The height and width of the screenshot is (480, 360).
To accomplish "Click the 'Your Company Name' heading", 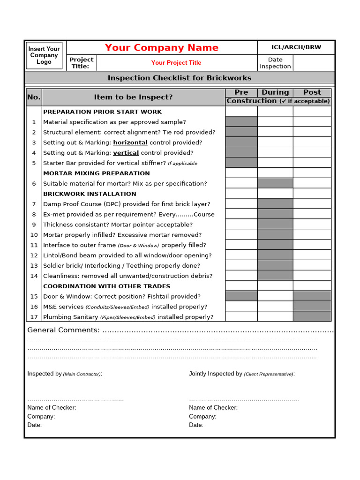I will [162, 48].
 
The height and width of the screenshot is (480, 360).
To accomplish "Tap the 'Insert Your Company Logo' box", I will [44, 55].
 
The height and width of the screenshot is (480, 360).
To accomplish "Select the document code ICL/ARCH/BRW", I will [296, 47].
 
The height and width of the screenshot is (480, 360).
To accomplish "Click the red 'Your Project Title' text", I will [176, 63].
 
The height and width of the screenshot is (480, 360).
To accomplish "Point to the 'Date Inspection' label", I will [275, 63].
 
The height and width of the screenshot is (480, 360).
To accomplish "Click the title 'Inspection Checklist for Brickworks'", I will [180, 78].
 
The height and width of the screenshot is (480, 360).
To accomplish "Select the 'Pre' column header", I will [241, 92].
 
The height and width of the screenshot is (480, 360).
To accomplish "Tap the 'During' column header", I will [275, 92].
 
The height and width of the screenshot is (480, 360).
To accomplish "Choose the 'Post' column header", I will [312, 92].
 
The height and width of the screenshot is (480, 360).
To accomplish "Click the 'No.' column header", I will [34, 97].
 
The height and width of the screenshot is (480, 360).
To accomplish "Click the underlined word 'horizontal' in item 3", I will [130, 142].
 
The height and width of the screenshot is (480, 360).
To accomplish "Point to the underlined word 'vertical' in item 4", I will [126, 153].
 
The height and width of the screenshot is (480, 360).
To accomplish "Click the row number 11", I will [34, 245].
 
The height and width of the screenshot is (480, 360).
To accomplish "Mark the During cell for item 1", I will [275, 122].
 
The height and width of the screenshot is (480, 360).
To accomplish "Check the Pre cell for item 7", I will [241, 204].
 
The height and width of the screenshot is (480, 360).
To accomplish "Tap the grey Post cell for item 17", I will [312, 317].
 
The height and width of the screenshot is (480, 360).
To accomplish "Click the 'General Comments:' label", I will [63, 330].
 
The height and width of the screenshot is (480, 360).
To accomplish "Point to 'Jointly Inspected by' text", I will [216, 374].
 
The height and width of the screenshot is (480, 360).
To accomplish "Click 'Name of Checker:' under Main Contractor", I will [52, 408].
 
